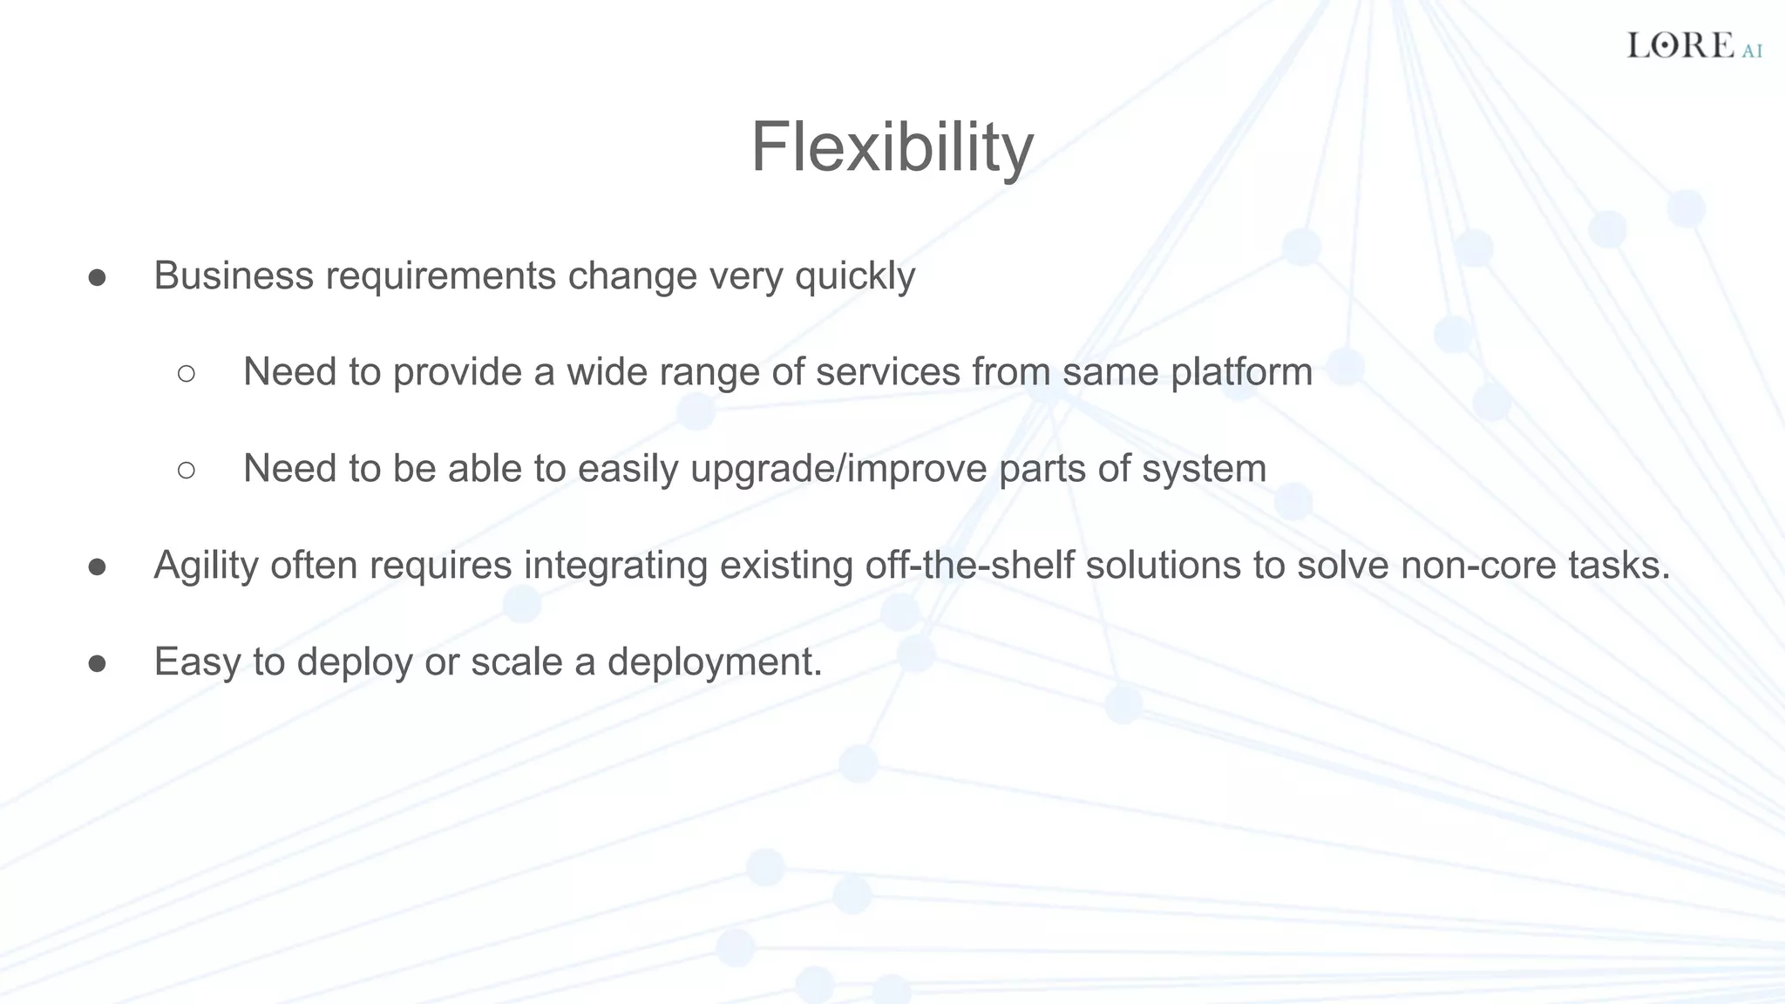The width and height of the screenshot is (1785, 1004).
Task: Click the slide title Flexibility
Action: [892, 147]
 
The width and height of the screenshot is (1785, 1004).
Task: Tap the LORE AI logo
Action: [1693, 45]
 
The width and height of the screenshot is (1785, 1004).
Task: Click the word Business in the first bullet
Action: [234, 276]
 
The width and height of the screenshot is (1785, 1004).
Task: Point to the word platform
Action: [1241, 373]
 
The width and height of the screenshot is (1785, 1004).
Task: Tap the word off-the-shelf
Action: [968, 566]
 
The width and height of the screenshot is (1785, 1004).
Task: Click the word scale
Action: [516, 662]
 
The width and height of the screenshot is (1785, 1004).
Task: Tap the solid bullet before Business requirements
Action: [97, 278]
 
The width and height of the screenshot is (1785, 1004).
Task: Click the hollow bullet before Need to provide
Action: [186, 374]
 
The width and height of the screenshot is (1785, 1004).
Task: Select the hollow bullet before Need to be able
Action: [186, 471]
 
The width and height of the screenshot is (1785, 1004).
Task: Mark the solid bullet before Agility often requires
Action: [97, 567]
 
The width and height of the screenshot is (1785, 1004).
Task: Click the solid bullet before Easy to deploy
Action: [97, 664]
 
